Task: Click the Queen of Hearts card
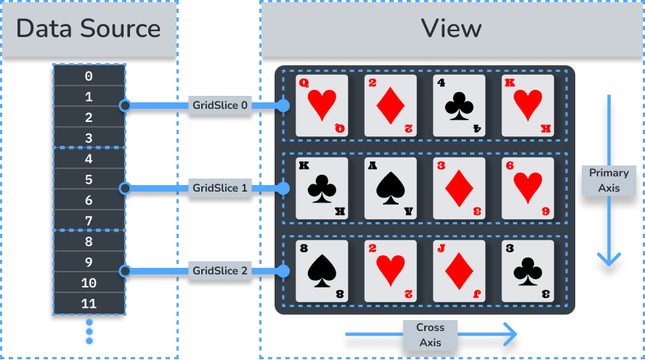tap(322, 105)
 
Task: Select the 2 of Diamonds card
tap(391, 105)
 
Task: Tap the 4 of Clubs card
tap(459, 105)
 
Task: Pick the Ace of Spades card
tap(391, 188)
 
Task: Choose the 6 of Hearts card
tap(527, 188)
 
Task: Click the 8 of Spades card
tap(322, 271)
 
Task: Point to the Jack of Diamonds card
tap(459, 271)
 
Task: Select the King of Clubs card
tap(322, 188)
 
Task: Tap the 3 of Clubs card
tap(527, 271)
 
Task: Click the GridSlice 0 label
tap(220, 106)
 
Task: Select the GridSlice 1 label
tap(220, 188)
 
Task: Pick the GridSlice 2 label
tap(220, 271)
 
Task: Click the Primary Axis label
tap(609, 181)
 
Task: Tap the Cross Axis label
tap(430, 335)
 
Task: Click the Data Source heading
tap(89, 28)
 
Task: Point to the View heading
tap(451, 28)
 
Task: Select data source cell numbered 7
tap(89, 221)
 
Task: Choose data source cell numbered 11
tap(89, 303)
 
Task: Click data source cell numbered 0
tap(89, 75)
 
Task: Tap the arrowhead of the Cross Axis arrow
tap(511, 335)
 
